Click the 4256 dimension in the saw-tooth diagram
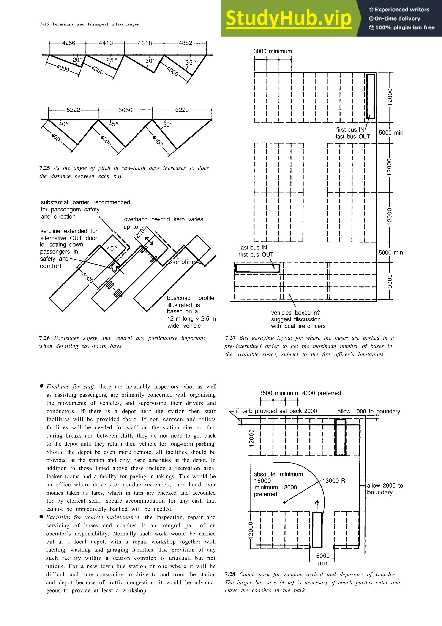(68, 43)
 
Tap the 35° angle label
(190, 63)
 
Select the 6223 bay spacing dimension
(182, 110)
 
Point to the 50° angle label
(168, 125)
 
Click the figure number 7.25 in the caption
(44, 168)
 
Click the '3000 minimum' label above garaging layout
(273, 51)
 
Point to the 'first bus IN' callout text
(350, 130)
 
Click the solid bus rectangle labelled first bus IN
(370, 96)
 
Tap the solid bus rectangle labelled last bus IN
(257, 268)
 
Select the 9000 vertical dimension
(390, 281)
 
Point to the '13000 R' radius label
(333, 481)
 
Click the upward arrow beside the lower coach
(317, 504)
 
